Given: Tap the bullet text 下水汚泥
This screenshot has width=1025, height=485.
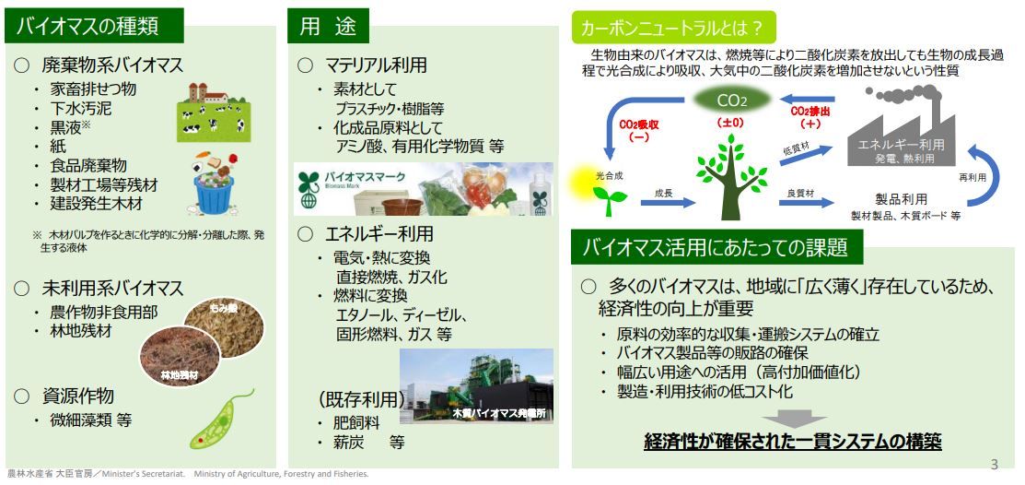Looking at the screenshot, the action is coord(81,108).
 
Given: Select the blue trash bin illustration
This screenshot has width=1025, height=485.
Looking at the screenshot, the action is coord(213,192).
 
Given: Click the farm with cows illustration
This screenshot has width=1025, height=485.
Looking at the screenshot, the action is coord(214,112).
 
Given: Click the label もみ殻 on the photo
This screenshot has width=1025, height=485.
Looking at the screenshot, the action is coord(225,308).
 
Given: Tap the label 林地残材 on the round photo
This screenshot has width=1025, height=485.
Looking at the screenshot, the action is coord(179,375).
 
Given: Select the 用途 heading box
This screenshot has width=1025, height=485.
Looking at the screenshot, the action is coord(328,26).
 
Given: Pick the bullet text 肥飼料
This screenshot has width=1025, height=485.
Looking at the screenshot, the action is coord(357,422).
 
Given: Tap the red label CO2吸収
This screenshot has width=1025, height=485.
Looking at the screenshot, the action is coord(637,130).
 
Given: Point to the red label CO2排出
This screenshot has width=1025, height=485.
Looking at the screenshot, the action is coord(810,117).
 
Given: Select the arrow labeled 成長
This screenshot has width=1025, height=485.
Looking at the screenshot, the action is coord(668,202).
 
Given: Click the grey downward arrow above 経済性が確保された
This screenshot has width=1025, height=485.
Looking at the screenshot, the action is coord(794,419).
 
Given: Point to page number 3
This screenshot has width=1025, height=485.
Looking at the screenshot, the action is coord(995,465).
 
